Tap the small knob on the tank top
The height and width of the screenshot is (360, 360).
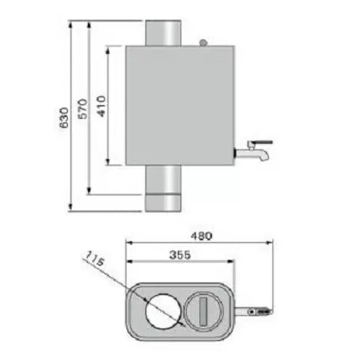click(x=203, y=42)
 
